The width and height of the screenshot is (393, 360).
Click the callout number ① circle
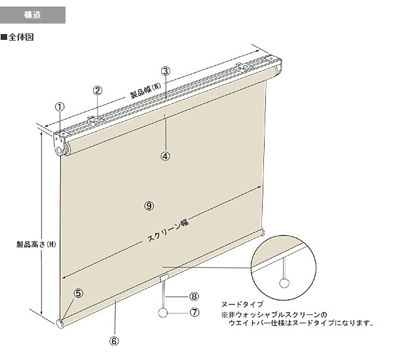[x=60, y=107]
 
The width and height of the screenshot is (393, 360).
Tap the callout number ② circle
[x=98, y=90]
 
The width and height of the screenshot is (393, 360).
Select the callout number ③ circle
[x=166, y=71]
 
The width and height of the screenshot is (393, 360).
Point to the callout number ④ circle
[x=165, y=156]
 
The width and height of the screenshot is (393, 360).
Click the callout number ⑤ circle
[x=79, y=293]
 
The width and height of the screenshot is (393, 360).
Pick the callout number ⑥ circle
[x=114, y=341]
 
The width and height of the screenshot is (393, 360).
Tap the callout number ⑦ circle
[x=195, y=312]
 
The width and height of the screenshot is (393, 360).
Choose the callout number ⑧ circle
[x=195, y=297]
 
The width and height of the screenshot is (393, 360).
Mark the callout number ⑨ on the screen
[x=149, y=206]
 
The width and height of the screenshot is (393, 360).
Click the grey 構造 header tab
[x=33, y=15]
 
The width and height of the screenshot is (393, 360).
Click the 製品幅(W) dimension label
[x=145, y=90]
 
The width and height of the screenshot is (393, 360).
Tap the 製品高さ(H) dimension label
[x=36, y=244]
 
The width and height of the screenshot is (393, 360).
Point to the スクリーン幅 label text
[x=168, y=230]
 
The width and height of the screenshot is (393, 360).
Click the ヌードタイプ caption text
[x=242, y=304]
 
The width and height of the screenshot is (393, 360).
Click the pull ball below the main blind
[x=162, y=313]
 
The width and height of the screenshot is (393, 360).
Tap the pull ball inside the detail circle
[x=284, y=283]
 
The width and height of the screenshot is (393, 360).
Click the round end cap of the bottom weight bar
[x=60, y=324]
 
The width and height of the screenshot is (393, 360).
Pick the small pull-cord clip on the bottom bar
[x=164, y=278]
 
